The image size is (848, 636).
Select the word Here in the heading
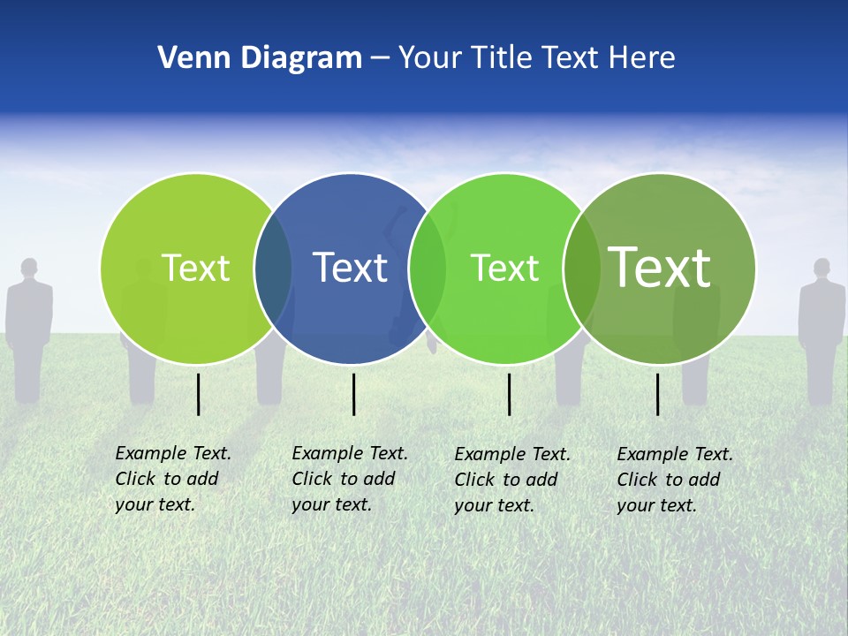pyautogui.click(x=642, y=58)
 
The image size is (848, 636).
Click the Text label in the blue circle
pyautogui.click(x=351, y=268)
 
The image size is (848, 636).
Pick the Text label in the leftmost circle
pyautogui.click(x=195, y=268)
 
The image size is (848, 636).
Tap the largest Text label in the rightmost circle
pyautogui.click(x=660, y=267)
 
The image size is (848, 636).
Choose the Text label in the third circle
pyautogui.click(x=504, y=268)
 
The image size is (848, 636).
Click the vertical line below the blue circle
pyautogui.click(x=353, y=394)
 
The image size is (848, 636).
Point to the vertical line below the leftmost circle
pyautogui.click(x=198, y=394)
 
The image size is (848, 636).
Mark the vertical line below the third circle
pyautogui.click(x=509, y=394)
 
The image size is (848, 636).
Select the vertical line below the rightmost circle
pyautogui.click(x=657, y=394)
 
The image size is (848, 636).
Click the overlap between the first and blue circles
pyautogui.click(x=273, y=268)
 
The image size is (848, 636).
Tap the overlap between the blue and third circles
pyautogui.click(x=428, y=268)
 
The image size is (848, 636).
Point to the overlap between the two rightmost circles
pyautogui.click(x=582, y=268)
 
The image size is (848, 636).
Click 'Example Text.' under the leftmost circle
pyautogui.click(x=173, y=453)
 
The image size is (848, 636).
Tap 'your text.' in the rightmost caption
pyautogui.click(x=656, y=505)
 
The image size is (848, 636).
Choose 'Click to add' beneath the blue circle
pyautogui.click(x=343, y=479)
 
